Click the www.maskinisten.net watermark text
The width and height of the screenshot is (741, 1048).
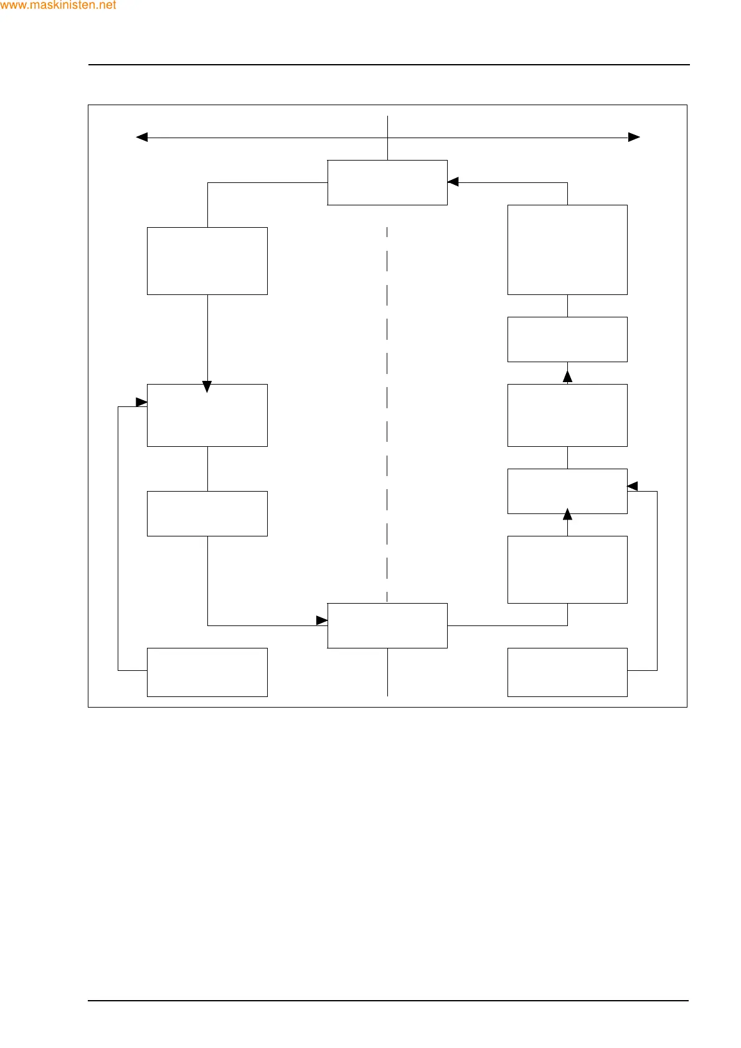coord(58,6)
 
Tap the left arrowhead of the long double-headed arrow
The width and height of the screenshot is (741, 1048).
coord(142,137)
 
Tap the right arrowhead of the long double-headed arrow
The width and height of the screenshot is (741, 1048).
coord(634,137)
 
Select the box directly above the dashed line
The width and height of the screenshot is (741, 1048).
coord(387,182)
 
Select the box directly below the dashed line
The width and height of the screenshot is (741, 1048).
coord(387,625)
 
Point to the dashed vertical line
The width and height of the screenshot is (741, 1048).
coord(387,411)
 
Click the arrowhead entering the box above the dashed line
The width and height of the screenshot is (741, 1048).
coord(453,182)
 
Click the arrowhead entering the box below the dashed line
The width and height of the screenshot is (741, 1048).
coord(322,620)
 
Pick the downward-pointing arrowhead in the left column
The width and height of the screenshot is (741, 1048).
coord(207,387)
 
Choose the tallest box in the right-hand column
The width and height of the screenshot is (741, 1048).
coord(567,250)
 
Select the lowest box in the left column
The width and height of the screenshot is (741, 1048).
coord(207,672)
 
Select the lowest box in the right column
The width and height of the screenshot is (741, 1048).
coord(567,672)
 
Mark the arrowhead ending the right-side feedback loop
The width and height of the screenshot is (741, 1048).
coord(633,486)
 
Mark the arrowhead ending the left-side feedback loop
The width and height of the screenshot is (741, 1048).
coord(141,402)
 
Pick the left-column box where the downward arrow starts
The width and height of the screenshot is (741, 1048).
coord(207,261)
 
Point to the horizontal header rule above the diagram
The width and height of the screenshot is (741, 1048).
coord(389,65)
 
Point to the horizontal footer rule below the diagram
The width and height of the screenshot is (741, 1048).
coord(389,1001)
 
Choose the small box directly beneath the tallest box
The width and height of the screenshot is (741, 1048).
coord(567,339)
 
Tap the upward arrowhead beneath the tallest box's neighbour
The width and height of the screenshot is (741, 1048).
coord(567,376)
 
